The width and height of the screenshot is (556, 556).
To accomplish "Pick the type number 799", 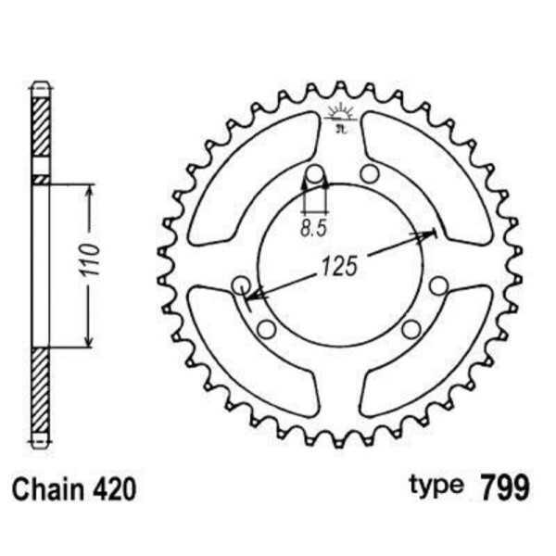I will coord(501,488).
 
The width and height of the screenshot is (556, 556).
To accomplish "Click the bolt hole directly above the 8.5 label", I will coord(314,173).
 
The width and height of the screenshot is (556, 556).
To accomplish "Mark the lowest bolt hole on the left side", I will coord(266,329).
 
